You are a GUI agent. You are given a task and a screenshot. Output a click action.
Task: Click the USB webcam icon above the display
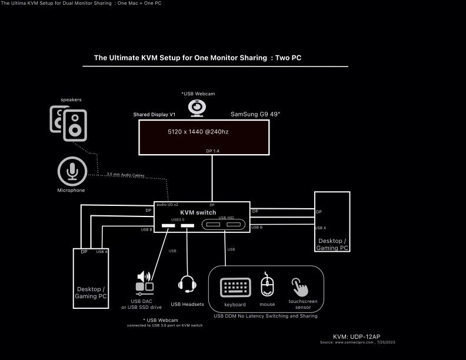197,108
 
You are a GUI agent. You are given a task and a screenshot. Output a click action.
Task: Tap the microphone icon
72,171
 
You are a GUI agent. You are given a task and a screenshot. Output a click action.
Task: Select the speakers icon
68,123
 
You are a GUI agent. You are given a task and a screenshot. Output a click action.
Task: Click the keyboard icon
235,288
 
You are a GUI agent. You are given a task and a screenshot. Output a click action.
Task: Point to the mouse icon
267,286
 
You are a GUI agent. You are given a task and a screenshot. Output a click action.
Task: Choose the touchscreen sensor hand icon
300,286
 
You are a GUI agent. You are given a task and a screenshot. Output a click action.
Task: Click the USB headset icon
187,284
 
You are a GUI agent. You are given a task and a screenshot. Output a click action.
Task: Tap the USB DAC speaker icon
145,282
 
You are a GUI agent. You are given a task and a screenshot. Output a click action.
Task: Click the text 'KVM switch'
198,212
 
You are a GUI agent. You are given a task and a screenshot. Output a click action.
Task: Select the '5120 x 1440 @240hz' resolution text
198,132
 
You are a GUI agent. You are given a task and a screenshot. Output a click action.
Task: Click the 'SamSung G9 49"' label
255,114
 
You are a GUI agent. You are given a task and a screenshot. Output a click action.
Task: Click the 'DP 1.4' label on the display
212,151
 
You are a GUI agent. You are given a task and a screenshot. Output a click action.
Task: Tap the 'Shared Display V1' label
154,114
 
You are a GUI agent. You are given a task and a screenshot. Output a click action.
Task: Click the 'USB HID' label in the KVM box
226,218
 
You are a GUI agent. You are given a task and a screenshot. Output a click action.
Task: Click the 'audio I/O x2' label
167,205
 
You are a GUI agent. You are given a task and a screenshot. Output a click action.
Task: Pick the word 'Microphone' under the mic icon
71,191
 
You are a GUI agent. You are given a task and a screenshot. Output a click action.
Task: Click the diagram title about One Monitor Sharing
198,58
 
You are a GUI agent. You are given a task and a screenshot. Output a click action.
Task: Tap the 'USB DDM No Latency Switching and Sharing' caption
265,316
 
